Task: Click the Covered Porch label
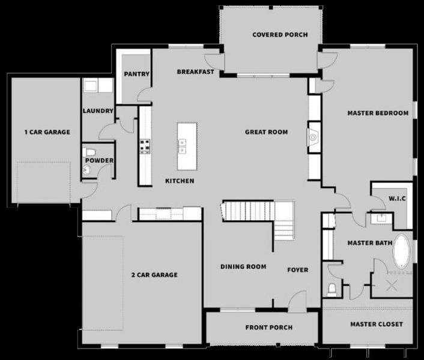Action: coord(280,35)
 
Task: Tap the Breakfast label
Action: coord(196,72)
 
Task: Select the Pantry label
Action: coord(136,74)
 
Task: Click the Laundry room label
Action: coord(98,111)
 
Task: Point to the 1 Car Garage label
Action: coord(47,132)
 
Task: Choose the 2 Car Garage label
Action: coord(154,275)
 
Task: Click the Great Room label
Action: coord(266,132)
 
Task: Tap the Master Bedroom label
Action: coord(378,113)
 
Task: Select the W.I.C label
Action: coord(398,198)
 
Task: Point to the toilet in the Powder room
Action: coord(89,151)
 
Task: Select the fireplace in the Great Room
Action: coord(313,137)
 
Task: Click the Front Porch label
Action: coord(268,328)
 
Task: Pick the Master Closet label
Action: coord(377,325)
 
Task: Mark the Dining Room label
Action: coord(243,267)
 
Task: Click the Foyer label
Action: coord(297,270)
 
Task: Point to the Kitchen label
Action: coord(180,181)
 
